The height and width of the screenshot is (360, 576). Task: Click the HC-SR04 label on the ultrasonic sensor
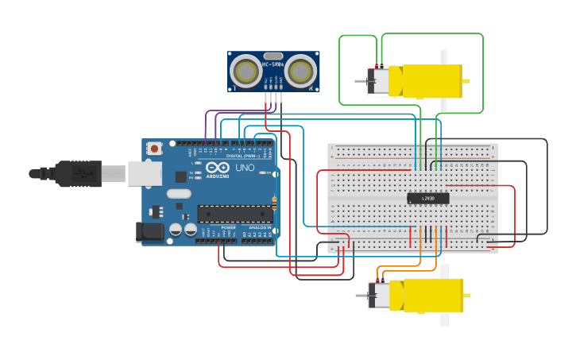tap(273, 55)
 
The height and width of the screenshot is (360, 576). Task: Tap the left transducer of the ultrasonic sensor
tap(246, 72)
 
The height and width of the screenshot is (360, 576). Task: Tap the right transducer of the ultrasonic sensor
tap(300, 72)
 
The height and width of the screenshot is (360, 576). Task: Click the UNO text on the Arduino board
tap(245, 168)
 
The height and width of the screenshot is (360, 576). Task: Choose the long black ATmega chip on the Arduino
tap(234, 213)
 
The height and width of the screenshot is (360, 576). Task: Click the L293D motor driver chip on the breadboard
tap(428, 199)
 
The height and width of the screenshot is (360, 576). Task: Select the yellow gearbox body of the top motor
tap(430, 81)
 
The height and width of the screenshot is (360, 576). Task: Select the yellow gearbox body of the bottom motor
tap(430, 294)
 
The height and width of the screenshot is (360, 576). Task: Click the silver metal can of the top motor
tap(379, 81)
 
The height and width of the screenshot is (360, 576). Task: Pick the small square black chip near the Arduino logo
tap(181, 177)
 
